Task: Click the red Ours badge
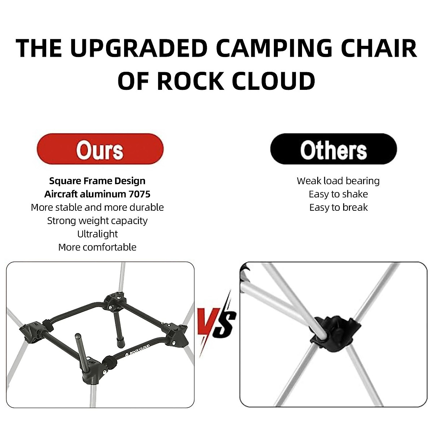[100, 149]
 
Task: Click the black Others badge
[333, 149]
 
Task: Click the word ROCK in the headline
[190, 80]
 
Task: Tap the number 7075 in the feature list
[139, 194]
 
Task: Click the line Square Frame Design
[97, 181]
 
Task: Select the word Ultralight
[97, 234]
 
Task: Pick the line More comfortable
[97, 247]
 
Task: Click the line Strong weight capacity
[97, 220]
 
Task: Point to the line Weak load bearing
[338, 181]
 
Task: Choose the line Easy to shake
[338, 194]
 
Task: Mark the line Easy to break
[338, 207]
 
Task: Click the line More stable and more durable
[97, 207]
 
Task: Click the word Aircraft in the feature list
[61, 194]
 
